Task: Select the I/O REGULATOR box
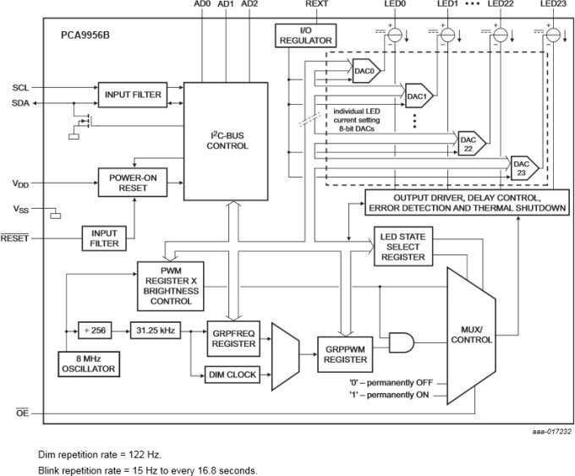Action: tap(305, 36)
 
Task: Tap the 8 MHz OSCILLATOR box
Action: tap(87, 363)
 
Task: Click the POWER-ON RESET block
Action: tap(133, 183)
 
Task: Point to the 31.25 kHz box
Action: tap(154, 330)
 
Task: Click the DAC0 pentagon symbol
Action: tap(364, 71)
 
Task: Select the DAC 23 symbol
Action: tap(520, 167)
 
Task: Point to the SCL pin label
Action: tap(20, 88)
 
